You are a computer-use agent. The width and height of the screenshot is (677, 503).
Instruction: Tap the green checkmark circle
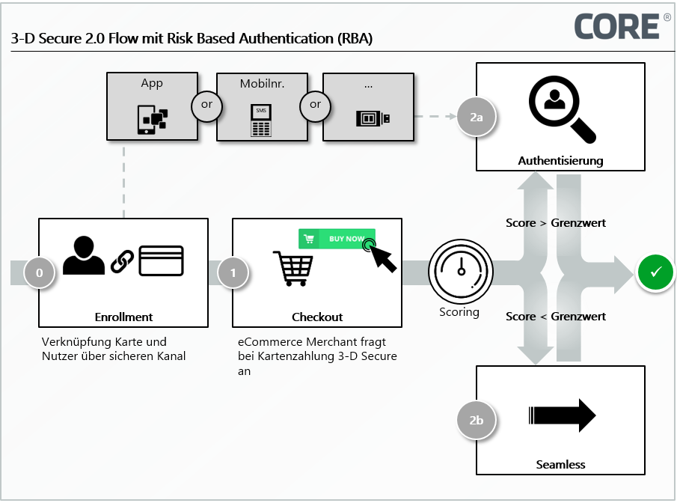tap(655, 272)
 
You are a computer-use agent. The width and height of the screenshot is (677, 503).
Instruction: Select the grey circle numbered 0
tap(40, 273)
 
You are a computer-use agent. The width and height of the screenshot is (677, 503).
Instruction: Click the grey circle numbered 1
tap(233, 273)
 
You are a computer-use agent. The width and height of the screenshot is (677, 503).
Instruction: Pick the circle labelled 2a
tap(476, 118)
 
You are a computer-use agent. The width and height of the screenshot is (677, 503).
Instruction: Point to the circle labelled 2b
tap(476, 421)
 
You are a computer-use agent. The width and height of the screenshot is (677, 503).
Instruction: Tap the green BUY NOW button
tap(337, 239)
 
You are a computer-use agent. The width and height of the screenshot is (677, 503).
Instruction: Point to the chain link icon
tap(122, 261)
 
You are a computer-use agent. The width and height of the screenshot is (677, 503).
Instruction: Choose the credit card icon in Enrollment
tap(162, 260)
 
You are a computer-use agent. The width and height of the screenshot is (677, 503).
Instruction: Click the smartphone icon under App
tap(152, 118)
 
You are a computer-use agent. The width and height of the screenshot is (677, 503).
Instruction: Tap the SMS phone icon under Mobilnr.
tap(260, 120)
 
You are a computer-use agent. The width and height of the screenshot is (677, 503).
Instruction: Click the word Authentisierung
tap(560, 160)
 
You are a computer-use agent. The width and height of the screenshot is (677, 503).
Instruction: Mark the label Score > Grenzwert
tap(556, 223)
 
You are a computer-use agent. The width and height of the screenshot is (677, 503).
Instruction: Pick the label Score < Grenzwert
tap(556, 317)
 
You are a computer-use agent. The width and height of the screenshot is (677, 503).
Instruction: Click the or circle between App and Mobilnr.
tap(207, 105)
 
